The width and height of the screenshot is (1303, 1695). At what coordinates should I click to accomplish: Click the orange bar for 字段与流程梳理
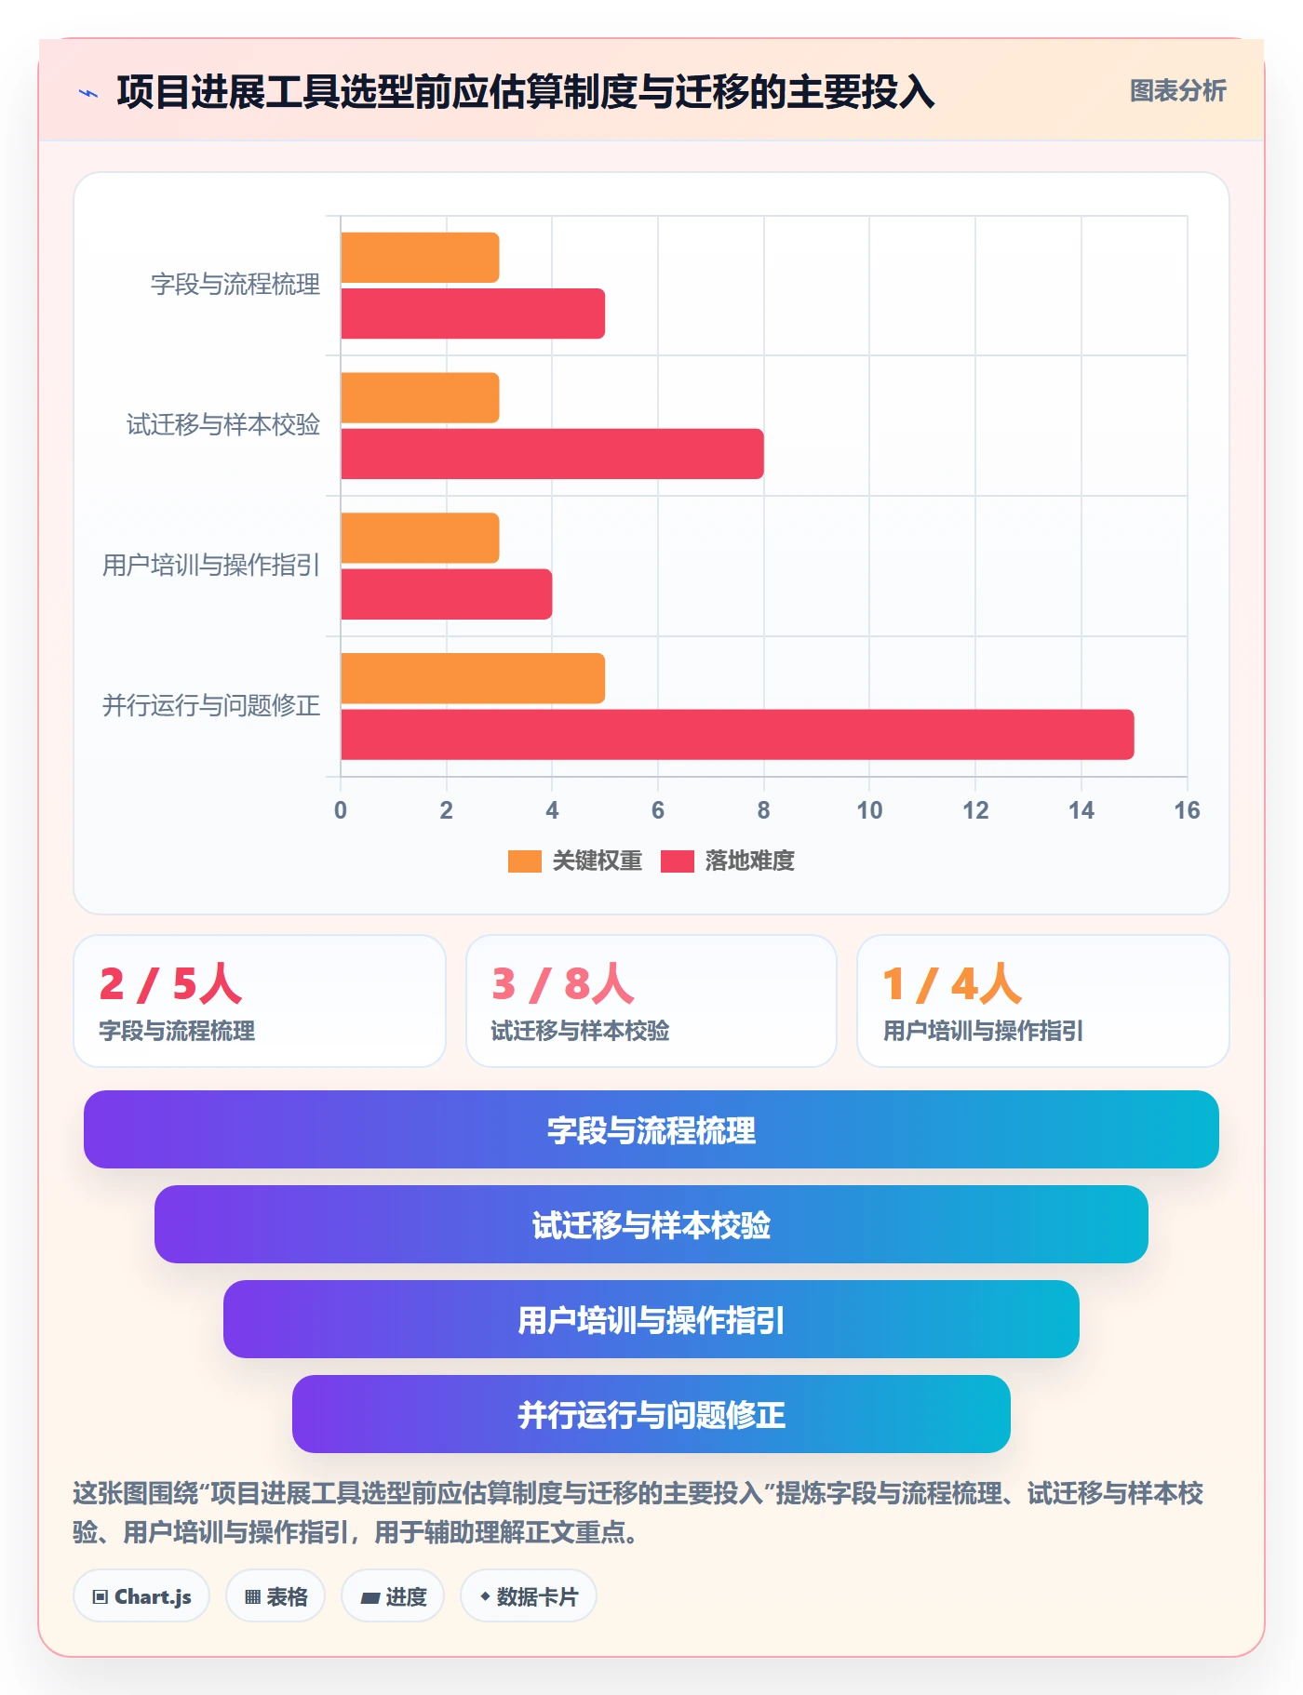point(420,258)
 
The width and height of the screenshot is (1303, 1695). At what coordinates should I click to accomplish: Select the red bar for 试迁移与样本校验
point(552,454)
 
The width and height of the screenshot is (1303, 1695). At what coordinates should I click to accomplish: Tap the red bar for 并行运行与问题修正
point(737,735)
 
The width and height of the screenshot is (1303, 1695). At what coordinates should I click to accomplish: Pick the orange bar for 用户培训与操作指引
point(420,538)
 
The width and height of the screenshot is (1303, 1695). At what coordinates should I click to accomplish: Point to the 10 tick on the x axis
point(869,810)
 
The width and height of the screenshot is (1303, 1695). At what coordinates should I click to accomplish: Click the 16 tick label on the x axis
point(1187,810)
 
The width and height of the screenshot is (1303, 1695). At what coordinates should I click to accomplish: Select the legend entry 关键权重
point(575,861)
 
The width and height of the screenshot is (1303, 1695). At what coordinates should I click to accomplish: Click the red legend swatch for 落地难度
point(678,861)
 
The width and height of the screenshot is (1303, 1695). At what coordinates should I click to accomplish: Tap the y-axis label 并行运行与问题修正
point(211,705)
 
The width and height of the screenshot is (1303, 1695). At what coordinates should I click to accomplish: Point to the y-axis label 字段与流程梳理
point(235,284)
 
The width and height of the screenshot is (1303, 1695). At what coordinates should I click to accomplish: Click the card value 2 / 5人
point(171,983)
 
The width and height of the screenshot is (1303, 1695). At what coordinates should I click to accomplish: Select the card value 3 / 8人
point(563,983)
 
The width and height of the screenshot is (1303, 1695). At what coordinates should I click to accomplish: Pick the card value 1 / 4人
point(952,983)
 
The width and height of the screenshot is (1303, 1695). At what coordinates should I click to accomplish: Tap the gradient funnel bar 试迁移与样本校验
point(651,1224)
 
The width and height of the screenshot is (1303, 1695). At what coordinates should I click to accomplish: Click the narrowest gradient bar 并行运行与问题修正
point(651,1414)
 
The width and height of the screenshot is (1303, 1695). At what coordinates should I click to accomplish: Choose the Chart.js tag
point(141,1596)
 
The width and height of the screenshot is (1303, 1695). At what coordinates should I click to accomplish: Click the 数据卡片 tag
point(529,1596)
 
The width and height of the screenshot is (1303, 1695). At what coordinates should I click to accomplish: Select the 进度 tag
point(393,1596)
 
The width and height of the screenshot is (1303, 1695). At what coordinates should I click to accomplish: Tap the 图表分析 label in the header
point(1177,90)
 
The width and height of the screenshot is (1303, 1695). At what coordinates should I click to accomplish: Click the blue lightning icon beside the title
point(88,93)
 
